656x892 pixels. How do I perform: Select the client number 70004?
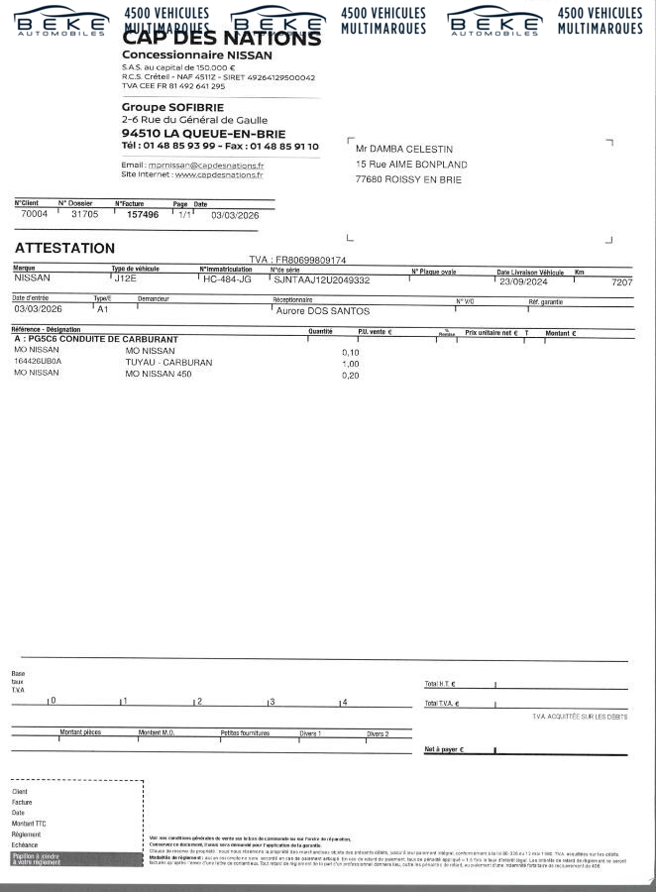pyautogui.click(x=34, y=213)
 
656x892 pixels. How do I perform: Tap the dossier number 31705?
pyautogui.click(x=84, y=213)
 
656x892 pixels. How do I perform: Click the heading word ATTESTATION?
pyautogui.click(x=64, y=248)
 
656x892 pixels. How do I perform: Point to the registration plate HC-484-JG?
pyautogui.click(x=227, y=279)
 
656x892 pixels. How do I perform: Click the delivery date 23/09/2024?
pyautogui.click(x=525, y=280)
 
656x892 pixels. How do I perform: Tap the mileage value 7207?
pyautogui.click(x=622, y=282)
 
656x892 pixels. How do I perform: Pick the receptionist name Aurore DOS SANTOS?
pyautogui.click(x=322, y=311)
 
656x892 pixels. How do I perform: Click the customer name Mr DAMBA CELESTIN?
pyautogui.click(x=405, y=148)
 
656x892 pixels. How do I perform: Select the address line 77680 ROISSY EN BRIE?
pyautogui.click(x=408, y=180)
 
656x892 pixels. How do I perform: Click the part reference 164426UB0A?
pyautogui.click(x=38, y=362)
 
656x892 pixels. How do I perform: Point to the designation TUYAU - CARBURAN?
pyautogui.click(x=168, y=363)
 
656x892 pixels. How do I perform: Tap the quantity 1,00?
pyautogui.click(x=350, y=364)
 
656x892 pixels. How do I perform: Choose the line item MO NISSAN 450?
pyautogui.click(x=159, y=374)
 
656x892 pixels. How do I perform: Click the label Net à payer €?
pyautogui.click(x=445, y=749)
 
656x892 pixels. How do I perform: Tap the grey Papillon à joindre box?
pyautogui.click(x=41, y=858)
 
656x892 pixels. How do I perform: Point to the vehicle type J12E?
pyautogui.click(x=126, y=279)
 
